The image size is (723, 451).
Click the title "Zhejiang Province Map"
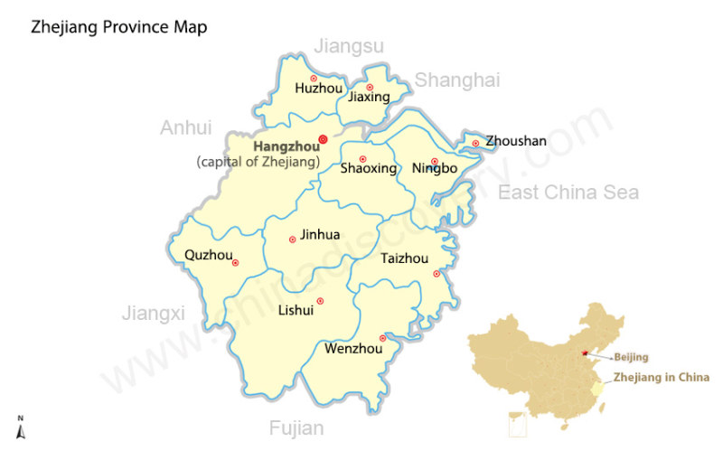(119, 27)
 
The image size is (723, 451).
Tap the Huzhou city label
(319, 89)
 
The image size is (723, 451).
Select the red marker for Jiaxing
(370, 87)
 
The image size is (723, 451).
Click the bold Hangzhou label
(286, 146)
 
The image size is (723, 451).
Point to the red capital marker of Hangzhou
(324, 139)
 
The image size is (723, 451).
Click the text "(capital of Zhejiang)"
(258, 162)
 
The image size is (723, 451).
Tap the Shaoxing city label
(368, 169)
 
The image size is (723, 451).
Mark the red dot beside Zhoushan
(475, 143)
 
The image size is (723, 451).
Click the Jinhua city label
(320, 235)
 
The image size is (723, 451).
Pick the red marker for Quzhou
(235, 263)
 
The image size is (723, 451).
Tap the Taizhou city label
(404, 258)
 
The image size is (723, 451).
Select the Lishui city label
(296, 311)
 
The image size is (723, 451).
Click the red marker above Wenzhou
(382, 338)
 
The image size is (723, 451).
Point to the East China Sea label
(568, 193)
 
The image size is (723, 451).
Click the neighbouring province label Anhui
(185, 128)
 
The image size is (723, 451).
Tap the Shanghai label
(456, 80)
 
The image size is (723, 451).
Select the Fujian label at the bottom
(296, 428)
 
